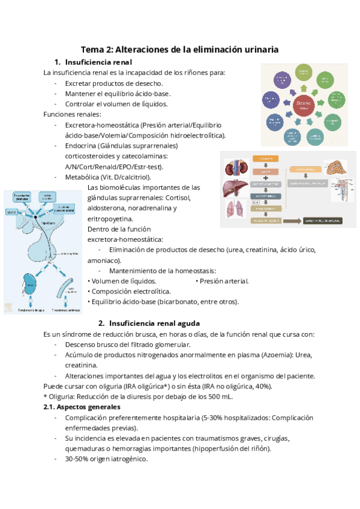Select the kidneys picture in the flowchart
coord(236,168)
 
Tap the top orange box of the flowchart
coord(265,158)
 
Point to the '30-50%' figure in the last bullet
coord(77,459)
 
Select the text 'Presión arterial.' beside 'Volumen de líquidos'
coord(224,281)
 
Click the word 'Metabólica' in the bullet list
coord(85,177)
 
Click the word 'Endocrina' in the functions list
coord(83,146)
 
